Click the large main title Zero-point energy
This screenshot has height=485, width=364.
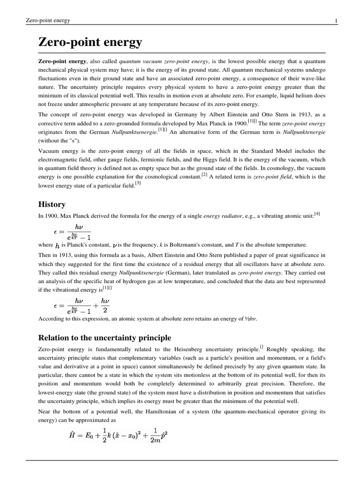[90, 43]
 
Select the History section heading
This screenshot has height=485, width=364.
[52, 204]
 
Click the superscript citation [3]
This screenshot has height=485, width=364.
[137, 184]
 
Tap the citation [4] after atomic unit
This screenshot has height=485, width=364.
[317, 214]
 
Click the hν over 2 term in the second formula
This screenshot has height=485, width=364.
[105, 306]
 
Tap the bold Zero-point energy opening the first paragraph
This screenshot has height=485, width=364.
[62, 62]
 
